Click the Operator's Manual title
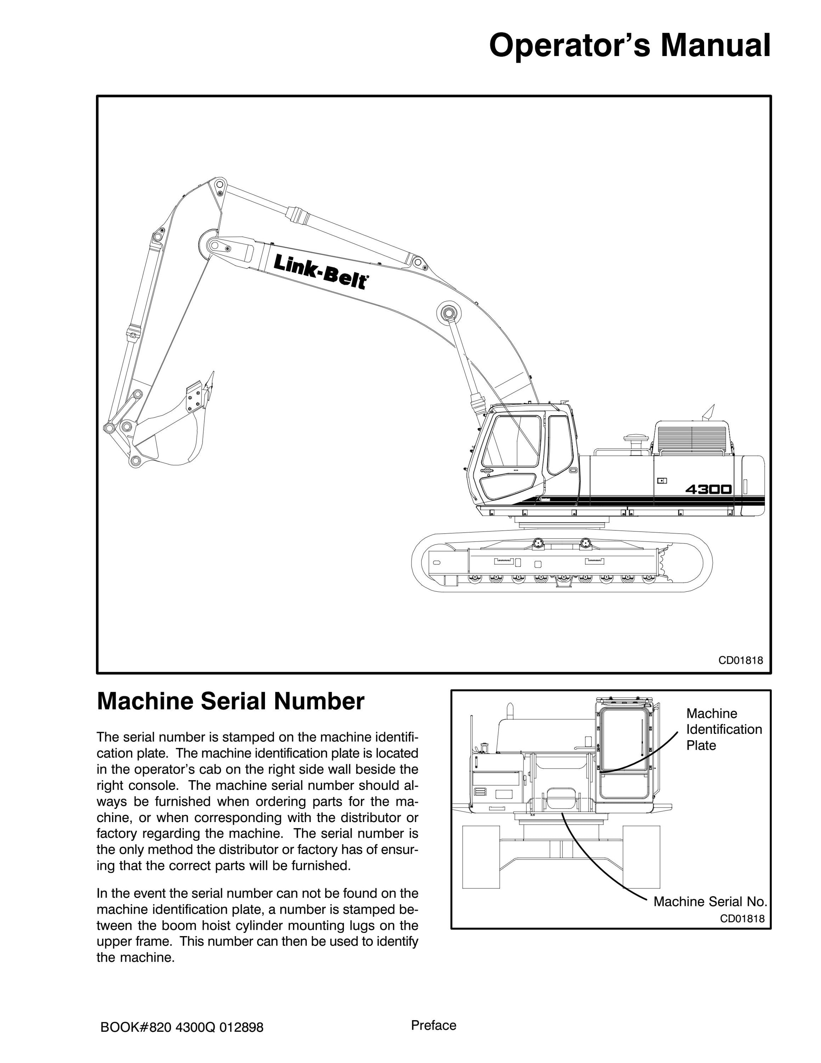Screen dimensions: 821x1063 (x=629, y=46)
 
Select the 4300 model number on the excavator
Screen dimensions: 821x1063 (x=708, y=489)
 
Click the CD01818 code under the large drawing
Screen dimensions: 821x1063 (x=741, y=660)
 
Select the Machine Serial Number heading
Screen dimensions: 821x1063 (x=231, y=701)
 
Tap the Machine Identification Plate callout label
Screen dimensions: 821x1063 (x=724, y=729)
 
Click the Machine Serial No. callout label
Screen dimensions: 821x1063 (x=710, y=901)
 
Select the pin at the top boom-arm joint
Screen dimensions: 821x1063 (x=219, y=185)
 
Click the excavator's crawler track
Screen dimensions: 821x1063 (x=562, y=562)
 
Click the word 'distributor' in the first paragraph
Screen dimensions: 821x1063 (x=361, y=817)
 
